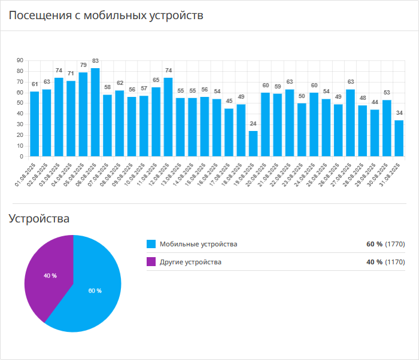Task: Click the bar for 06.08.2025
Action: [95, 112]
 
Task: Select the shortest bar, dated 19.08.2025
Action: [253, 144]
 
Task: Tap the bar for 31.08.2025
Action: [399, 138]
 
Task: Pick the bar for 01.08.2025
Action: [35, 124]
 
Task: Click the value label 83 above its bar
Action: [95, 61]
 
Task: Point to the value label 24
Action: [253, 124]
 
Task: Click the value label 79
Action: [83, 65]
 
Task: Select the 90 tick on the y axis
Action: [20, 60]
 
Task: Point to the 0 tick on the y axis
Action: [22, 157]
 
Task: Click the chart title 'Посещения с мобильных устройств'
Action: [106, 16]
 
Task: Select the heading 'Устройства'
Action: [39, 219]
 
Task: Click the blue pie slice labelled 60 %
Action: [95, 291]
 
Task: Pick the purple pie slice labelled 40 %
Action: [50, 276]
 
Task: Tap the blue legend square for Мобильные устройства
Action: [151, 244]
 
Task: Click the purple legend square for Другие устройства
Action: [151, 262]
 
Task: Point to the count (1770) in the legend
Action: [395, 244]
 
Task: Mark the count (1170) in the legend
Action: [395, 262]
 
